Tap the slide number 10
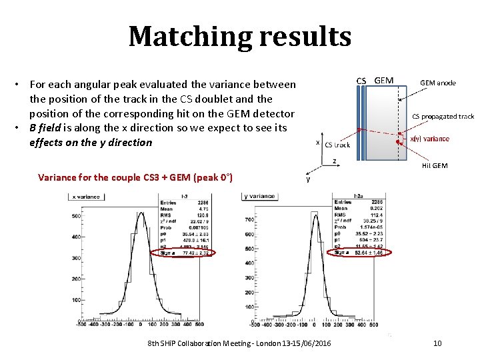[x=437, y=343]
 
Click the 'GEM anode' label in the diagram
[x=438, y=83]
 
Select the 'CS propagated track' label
[x=443, y=116]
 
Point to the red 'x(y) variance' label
[x=429, y=139]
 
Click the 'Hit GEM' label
[x=435, y=165]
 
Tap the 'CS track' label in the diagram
[x=337, y=145]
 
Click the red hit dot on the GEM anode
[x=399, y=143]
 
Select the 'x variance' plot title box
[x=87, y=196]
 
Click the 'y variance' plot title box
[x=260, y=196]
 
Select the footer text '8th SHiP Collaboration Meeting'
[x=200, y=343]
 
